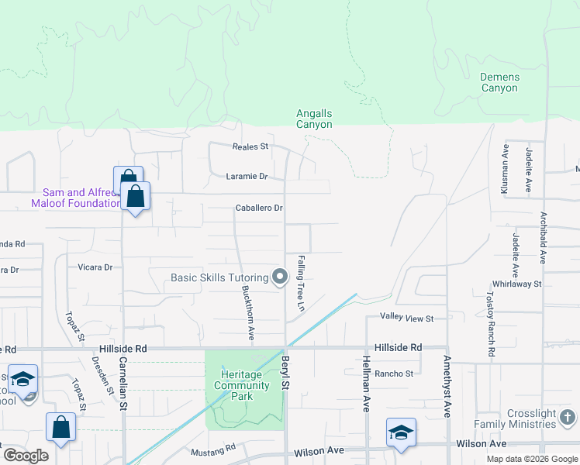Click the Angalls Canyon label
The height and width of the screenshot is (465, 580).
click(314, 119)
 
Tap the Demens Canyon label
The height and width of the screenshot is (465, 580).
click(499, 82)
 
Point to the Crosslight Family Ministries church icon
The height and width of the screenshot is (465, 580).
click(567, 418)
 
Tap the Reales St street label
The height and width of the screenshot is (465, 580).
click(250, 146)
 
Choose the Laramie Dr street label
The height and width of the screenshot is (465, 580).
click(247, 176)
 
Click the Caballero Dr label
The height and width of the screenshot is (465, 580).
click(259, 208)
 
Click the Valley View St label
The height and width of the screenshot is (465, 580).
click(406, 318)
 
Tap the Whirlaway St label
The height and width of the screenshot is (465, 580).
click(521, 284)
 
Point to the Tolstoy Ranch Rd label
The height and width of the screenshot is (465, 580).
click(491, 324)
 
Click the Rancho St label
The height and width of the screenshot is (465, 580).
click(394, 374)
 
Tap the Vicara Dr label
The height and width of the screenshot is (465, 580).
click(95, 267)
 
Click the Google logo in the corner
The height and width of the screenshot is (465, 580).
click(26, 456)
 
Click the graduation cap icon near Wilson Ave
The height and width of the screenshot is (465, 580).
click(401, 432)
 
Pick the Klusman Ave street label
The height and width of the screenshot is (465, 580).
click(505, 168)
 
